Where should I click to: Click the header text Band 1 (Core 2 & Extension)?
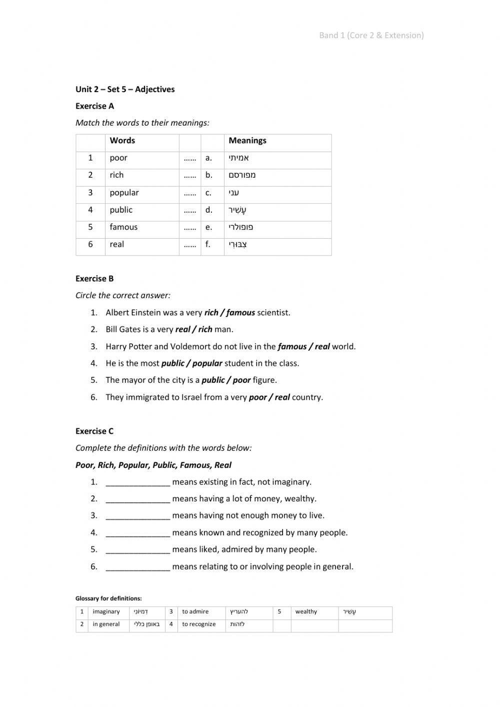tap(371, 35)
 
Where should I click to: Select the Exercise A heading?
tap(94, 106)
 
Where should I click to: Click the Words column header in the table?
tap(122, 141)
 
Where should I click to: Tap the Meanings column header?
tap(247, 141)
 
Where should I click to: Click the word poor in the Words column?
tap(118, 158)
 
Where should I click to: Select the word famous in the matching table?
tap(123, 227)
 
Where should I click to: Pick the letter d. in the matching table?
tap(208, 210)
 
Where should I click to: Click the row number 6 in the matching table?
tap(90, 245)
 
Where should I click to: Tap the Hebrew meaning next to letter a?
tap(239, 158)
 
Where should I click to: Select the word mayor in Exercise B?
tap(132, 380)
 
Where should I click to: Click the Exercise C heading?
tap(94, 431)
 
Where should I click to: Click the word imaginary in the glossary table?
tap(106, 612)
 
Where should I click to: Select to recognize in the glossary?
tap(199, 624)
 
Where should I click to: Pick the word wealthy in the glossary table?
tap(306, 612)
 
